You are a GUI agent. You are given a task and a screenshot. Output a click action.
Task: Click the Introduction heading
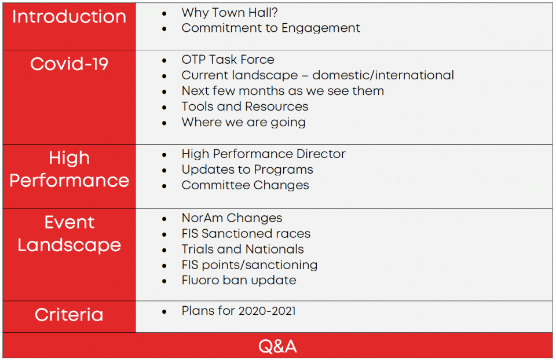(x=69, y=17)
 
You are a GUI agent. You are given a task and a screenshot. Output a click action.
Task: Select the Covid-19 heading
(x=69, y=64)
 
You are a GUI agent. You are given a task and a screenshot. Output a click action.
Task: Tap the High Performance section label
(x=69, y=169)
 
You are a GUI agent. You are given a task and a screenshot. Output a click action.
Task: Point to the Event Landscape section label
(x=69, y=233)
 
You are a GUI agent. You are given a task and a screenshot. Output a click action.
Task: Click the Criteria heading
(x=69, y=315)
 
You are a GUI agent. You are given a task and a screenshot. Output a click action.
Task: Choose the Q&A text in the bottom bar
(x=277, y=346)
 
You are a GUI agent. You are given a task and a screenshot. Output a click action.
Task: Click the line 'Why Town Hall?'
(x=229, y=13)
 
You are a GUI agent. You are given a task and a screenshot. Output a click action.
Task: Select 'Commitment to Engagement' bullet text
(x=270, y=28)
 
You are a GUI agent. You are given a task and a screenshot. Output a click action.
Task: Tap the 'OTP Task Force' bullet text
(x=228, y=60)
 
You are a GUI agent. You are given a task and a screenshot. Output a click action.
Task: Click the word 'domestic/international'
(x=383, y=75)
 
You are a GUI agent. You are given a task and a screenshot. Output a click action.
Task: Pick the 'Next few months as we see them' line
(x=283, y=91)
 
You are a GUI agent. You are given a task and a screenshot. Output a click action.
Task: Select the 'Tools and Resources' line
(x=244, y=106)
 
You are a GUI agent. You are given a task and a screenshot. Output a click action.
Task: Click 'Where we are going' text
(x=243, y=123)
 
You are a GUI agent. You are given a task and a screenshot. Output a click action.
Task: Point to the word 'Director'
(x=320, y=154)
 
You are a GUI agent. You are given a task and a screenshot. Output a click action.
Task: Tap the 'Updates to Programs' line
(x=247, y=170)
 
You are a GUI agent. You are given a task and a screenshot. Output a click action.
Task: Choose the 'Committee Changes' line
(x=245, y=185)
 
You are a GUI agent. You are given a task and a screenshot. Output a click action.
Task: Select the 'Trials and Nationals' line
(x=243, y=249)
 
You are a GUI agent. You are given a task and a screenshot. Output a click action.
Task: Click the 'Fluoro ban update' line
(x=239, y=280)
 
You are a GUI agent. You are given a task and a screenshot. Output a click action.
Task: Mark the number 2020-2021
(x=267, y=311)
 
